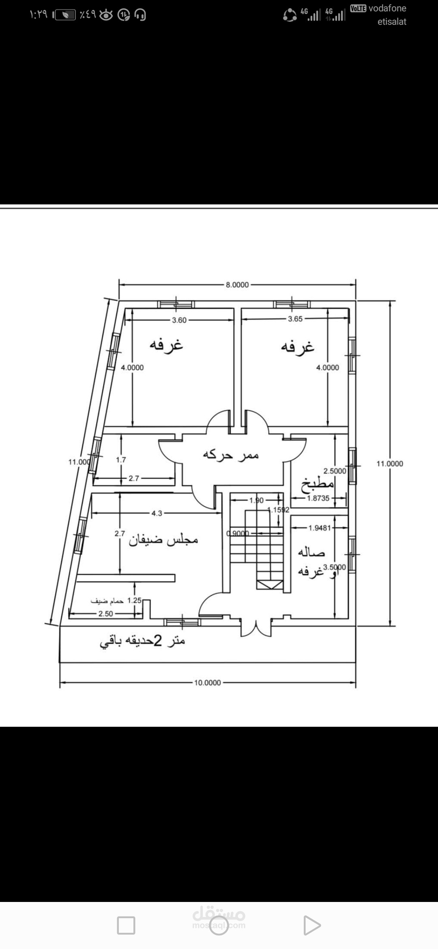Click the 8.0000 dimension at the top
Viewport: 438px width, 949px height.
pyautogui.click(x=237, y=285)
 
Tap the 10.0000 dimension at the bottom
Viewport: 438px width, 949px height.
pyautogui.click(x=207, y=683)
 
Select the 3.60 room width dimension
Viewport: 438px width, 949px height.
pyautogui.click(x=179, y=320)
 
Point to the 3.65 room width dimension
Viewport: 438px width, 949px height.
pyautogui.click(x=295, y=319)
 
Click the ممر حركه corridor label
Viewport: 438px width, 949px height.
pyautogui.click(x=231, y=455)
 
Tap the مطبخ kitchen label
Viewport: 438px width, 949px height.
pyautogui.click(x=317, y=485)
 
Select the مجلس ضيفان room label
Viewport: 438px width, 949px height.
pyautogui.click(x=163, y=540)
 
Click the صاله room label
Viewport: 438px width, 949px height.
pyautogui.click(x=311, y=552)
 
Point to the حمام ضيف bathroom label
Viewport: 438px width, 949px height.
pyautogui.click(x=107, y=601)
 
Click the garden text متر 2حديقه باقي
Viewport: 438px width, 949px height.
pyautogui.click(x=142, y=641)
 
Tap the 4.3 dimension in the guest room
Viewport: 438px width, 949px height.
pyautogui.click(x=157, y=513)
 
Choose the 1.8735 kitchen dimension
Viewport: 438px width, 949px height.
pyautogui.click(x=318, y=498)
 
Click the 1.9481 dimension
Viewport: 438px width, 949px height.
pyautogui.click(x=320, y=528)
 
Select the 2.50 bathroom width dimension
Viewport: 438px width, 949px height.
pyautogui.click(x=105, y=614)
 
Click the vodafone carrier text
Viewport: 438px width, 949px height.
pyautogui.click(x=387, y=8)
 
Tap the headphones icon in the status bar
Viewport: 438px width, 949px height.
pyautogui.click(x=140, y=15)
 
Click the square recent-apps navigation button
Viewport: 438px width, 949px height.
pyautogui.click(x=126, y=925)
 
